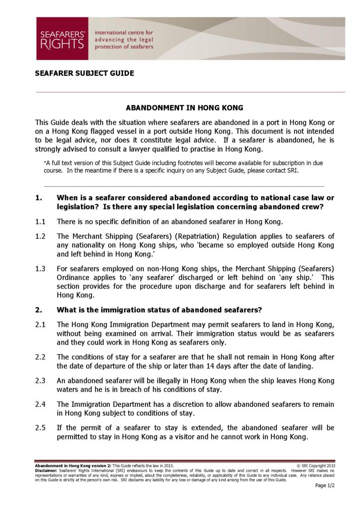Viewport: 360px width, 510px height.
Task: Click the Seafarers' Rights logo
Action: (x=62, y=38)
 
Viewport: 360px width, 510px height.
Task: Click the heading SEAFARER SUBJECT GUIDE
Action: (x=85, y=73)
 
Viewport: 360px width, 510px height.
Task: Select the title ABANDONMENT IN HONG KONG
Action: (x=184, y=108)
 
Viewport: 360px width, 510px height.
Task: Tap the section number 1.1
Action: (x=40, y=221)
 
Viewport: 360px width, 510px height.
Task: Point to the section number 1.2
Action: (x=40, y=236)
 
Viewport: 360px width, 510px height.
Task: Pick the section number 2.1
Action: (x=40, y=325)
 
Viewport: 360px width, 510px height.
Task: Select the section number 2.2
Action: (x=40, y=358)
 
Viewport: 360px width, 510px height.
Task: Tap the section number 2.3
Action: (x=40, y=381)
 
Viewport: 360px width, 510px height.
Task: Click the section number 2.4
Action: (x=40, y=404)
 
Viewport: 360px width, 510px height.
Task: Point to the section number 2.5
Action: (x=40, y=428)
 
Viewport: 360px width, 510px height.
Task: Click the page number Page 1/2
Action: (x=325, y=486)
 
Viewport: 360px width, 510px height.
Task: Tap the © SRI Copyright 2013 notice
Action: (x=316, y=465)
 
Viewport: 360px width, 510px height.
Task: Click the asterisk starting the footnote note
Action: (x=45, y=163)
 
